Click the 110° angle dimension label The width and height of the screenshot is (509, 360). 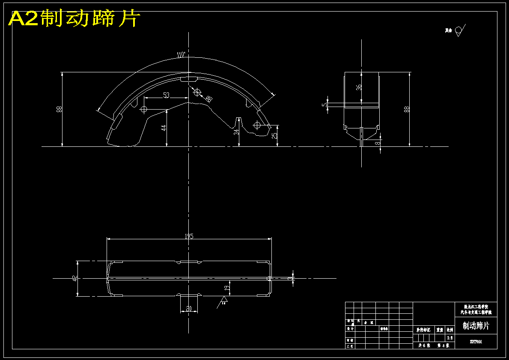coord(181,55)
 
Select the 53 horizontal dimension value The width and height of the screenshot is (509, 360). coord(166,95)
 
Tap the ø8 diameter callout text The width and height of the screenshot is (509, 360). coord(209,99)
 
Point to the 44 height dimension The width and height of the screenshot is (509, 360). coord(164,128)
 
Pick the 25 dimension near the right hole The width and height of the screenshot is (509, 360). coord(274,136)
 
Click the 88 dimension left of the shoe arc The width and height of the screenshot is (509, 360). coord(59,109)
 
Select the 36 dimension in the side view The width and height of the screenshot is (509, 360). coord(359,87)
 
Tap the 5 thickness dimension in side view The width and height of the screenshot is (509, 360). coord(324,104)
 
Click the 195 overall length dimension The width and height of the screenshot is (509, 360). coord(188,236)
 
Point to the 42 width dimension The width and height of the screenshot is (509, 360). coord(74,279)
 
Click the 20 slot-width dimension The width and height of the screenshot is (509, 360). coord(188,309)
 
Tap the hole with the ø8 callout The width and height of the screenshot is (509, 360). coord(197,92)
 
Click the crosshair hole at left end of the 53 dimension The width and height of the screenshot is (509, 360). coord(143,109)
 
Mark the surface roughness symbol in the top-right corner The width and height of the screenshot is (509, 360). coord(459,30)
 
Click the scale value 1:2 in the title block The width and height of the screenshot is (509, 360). coord(449,338)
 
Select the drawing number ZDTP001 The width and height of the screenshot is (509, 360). coord(476,342)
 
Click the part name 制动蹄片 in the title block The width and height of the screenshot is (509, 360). coord(476,326)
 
